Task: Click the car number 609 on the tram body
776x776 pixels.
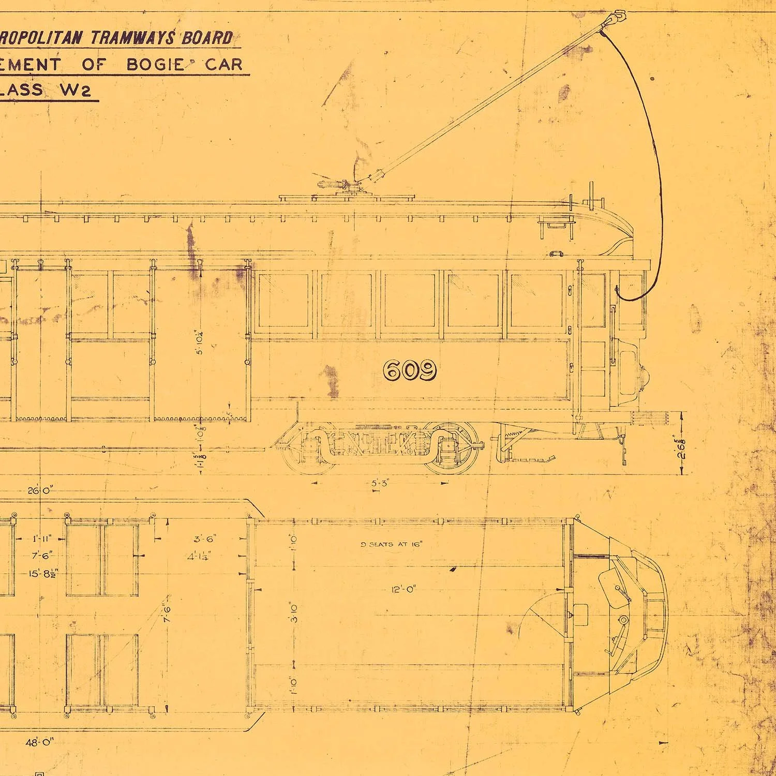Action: point(410,370)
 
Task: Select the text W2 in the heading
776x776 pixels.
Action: point(75,90)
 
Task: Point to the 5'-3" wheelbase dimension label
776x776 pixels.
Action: point(380,483)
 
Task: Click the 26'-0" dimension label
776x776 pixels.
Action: point(39,490)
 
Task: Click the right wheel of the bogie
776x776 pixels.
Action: point(450,448)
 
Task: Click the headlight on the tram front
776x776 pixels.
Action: point(644,372)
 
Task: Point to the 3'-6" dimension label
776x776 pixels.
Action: point(204,539)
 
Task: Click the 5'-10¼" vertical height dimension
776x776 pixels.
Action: point(199,342)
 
